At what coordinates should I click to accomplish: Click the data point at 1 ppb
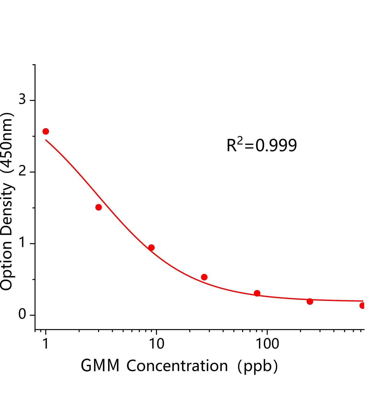(x=46, y=131)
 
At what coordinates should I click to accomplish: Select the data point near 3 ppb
(x=99, y=207)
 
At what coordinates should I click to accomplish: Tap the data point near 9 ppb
(x=151, y=248)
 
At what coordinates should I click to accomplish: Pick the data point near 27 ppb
(x=204, y=277)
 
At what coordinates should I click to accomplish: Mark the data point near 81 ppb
(x=257, y=293)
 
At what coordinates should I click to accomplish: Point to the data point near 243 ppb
(x=310, y=301)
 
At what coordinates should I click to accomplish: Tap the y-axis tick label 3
(x=22, y=99)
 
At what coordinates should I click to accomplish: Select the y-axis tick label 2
(x=22, y=171)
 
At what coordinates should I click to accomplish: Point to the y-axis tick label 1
(x=22, y=243)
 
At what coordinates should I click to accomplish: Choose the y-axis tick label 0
(x=22, y=314)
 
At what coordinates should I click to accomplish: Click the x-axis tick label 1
(x=46, y=344)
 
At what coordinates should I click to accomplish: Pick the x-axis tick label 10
(x=156, y=344)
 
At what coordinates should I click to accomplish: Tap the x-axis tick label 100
(x=267, y=344)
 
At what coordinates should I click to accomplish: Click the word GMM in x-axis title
(x=100, y=366)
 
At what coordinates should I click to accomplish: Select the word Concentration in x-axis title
(x=177, y=366)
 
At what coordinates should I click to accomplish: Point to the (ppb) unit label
(x=258, y=367)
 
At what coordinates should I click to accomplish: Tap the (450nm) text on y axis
(x=7, y=143)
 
